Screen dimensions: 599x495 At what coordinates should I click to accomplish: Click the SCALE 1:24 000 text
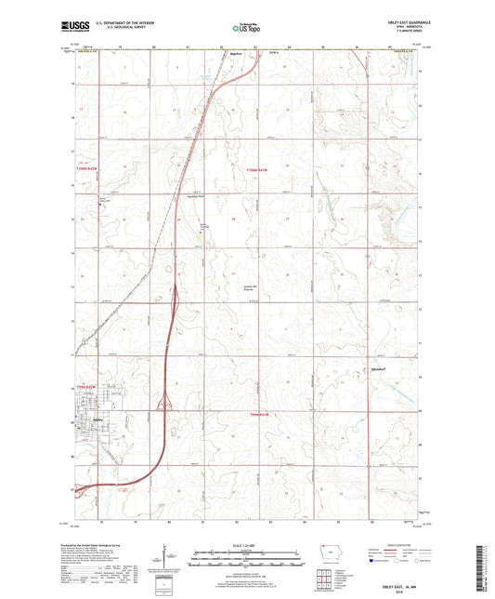click(x=246, y=545)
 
